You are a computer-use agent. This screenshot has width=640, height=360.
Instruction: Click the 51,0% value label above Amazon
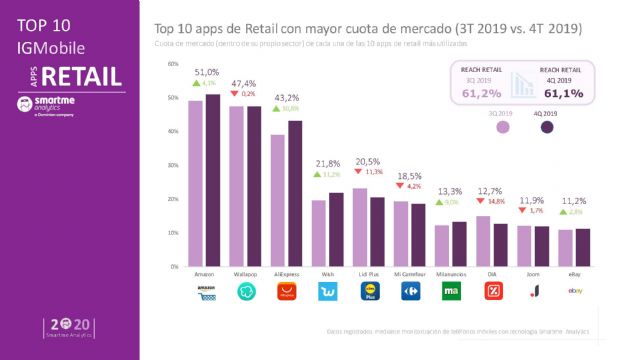click(206, 73)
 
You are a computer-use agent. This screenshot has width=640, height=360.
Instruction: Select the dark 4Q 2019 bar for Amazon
click(213, 181)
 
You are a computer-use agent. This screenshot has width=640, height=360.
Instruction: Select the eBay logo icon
click(576, 291)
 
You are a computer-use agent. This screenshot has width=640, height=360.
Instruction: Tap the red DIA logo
click(492, 293)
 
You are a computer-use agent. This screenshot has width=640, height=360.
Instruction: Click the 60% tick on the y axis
click(173, 64)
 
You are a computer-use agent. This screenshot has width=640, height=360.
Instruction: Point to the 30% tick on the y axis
click(173, 166)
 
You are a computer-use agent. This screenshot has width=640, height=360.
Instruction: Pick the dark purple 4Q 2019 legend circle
click(546, 127)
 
